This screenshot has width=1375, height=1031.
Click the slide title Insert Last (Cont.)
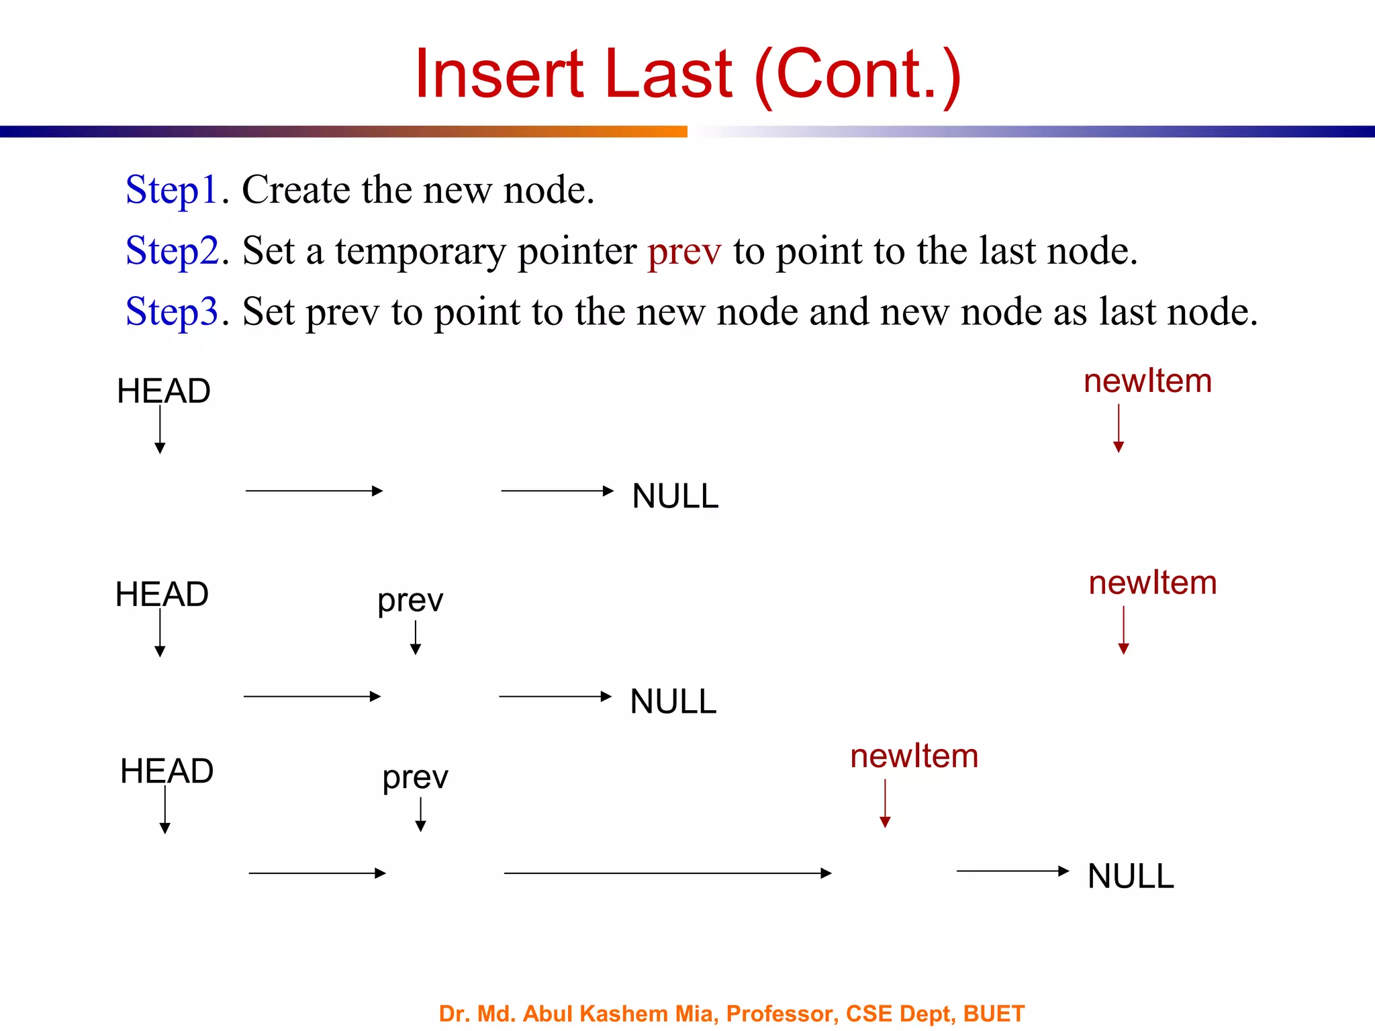point(687,74)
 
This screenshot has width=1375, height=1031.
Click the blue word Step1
point(172,190)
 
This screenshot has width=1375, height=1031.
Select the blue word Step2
point(173,251)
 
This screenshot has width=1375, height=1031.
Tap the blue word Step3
point(173,312)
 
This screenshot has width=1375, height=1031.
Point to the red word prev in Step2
point(684,252)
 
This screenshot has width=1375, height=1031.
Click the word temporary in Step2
point(420,252)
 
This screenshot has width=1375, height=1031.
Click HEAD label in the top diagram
point(164,391)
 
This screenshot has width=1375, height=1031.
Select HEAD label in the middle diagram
point(162,595)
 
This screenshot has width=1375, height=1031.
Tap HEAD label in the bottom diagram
point(167,771)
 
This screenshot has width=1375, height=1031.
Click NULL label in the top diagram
point(675,497)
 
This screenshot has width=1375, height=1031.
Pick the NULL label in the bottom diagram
point(1131,877)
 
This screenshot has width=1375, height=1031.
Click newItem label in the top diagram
point(1147,381)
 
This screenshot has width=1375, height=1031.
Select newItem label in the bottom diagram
point(914,756)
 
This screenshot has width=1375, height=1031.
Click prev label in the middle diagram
point(410,601)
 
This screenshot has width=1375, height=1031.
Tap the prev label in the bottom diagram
point(415,778)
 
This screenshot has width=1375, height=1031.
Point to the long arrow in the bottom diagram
point(667,873)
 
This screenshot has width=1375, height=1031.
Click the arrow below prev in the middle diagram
point(416,637)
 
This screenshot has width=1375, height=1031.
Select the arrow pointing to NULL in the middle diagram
point(555,697)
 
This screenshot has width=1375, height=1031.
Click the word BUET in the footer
point(994,1014)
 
